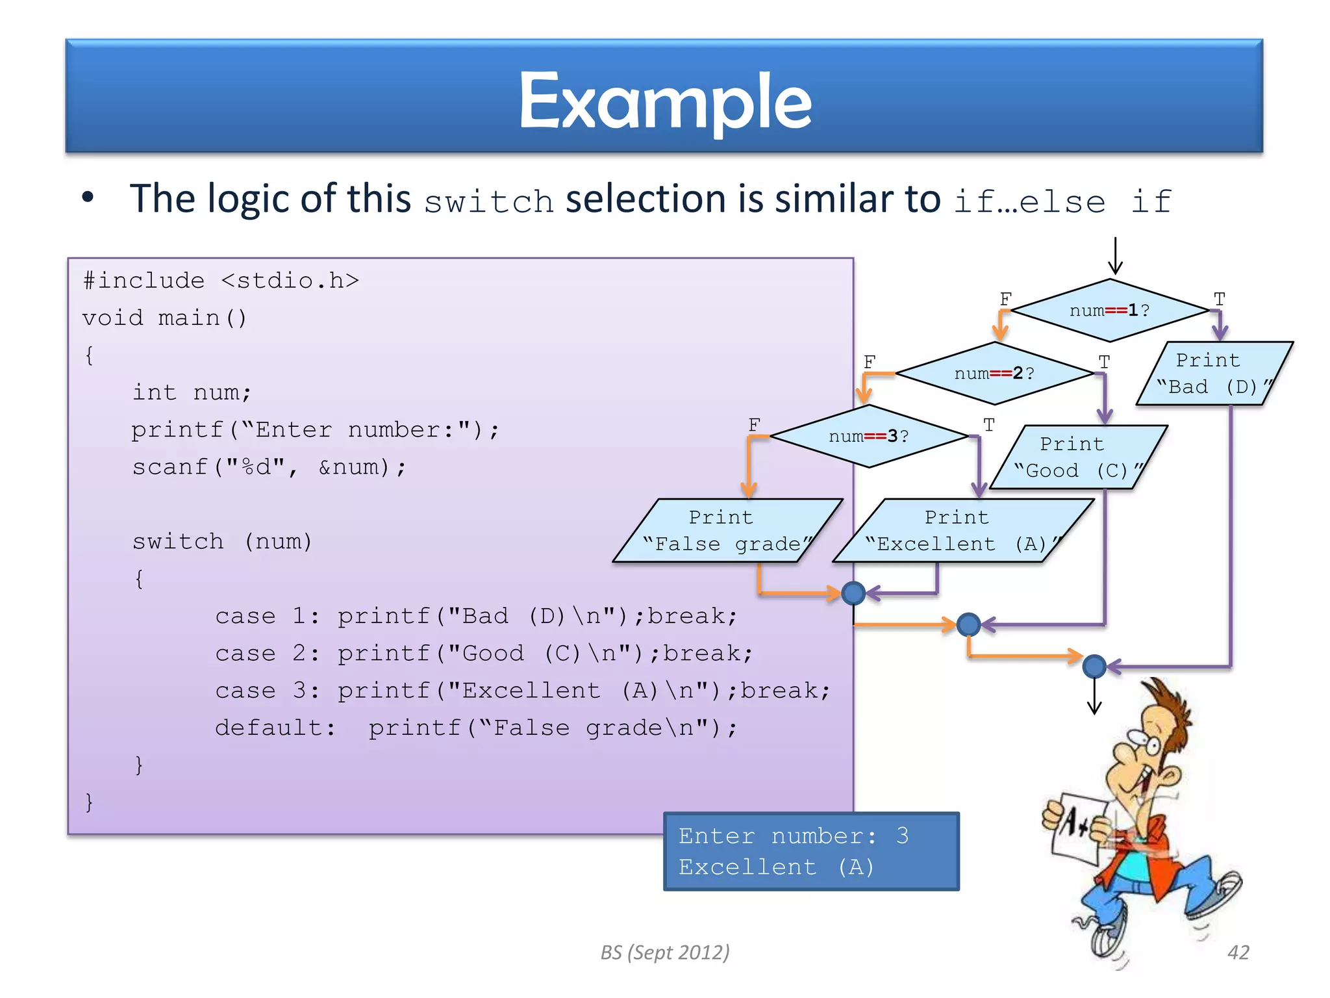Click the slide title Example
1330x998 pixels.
coord(665,101)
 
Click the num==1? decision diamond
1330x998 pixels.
coord(1110,311)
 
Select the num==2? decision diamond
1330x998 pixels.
coord(994,374)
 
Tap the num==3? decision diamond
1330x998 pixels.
coord(868,436)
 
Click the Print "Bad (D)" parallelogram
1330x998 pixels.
coord(1213,374)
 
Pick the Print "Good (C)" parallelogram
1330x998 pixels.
coord(1078,457)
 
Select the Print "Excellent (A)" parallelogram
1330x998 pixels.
coord(962,531)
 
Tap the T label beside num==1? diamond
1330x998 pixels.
coord(1220,300)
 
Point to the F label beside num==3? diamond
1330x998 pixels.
coord(754,425)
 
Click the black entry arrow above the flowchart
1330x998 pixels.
coord(1115,257)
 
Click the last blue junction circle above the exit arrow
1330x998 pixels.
coord(1094,666)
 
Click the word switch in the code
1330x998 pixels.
coord(177,541)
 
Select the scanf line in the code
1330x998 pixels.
coord(269,467)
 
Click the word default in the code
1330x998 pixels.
coord(269,728)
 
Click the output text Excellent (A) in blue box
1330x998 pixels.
coord(776,867)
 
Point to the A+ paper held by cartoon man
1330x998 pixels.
coord(1075,828)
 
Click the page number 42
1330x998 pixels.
coord(1238,953)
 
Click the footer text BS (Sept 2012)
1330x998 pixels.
coord(665,953)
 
